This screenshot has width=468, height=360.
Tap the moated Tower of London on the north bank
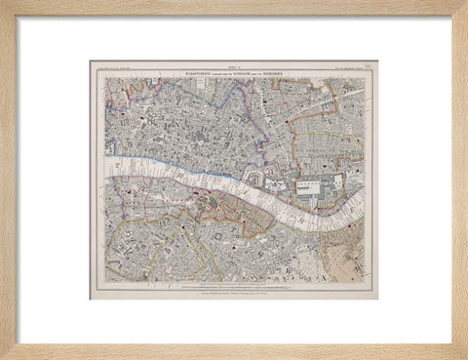pos(254,179)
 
